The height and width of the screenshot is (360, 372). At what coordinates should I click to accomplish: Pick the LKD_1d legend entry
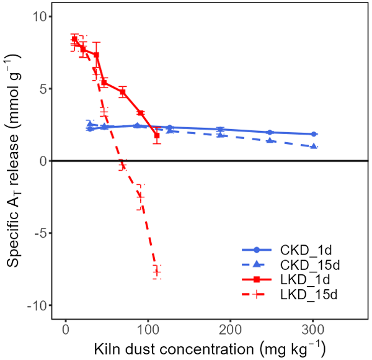coord(304,279)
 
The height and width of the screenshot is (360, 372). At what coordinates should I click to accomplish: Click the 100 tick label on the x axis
coord(148,330)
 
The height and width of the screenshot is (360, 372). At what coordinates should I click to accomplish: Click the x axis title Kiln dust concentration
coord(210,346)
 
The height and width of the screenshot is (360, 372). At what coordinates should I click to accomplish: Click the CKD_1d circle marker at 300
coord(314,134)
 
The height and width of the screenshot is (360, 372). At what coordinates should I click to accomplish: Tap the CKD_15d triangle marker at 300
coord(314,146)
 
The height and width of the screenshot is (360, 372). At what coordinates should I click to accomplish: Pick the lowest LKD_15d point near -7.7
coord(157,271)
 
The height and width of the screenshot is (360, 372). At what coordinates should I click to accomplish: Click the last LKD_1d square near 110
coord(157,135)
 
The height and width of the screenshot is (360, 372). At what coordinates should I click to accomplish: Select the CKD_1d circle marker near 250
coord(270,132)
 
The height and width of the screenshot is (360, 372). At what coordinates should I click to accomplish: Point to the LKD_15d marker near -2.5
coord(140,197)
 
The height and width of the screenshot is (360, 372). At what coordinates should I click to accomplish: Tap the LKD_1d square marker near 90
coord(141,113)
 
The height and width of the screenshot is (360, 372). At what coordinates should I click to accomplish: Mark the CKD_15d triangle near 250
coord(270,141)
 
